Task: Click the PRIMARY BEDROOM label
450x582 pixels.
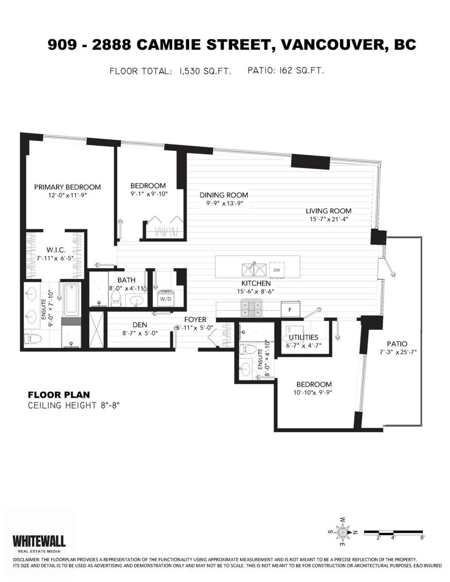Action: [67, 187]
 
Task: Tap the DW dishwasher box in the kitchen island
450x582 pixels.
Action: [277, 270]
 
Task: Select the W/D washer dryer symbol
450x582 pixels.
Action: [166, 298]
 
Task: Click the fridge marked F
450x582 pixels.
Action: [290, 308]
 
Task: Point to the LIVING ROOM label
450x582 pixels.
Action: [328, 211]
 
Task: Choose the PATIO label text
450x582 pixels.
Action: [394, 343]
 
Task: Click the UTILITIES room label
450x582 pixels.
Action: [303, 337]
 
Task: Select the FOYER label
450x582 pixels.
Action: [195, 320]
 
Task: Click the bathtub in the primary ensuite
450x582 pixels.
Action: [71, 299]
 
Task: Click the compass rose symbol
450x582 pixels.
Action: [343, 532]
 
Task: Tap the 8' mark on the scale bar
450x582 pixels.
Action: [422, 537]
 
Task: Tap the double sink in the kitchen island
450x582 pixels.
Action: [254, 269]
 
